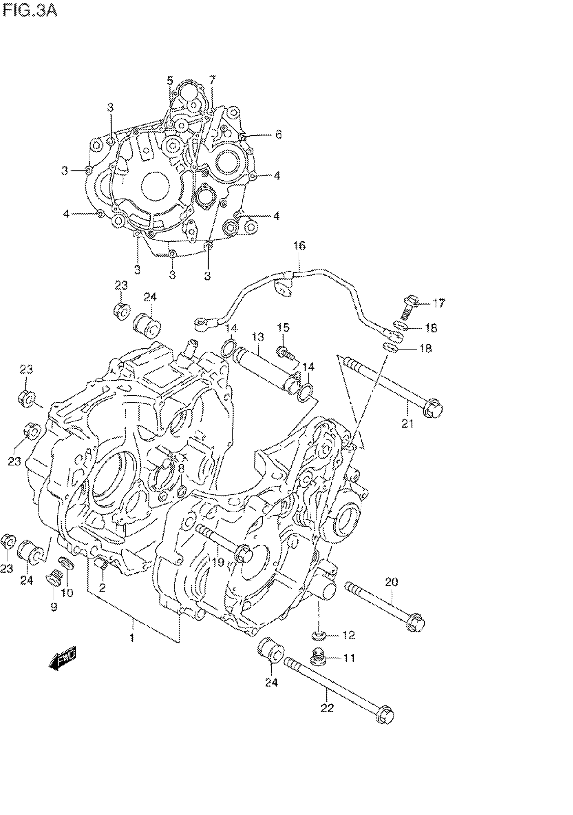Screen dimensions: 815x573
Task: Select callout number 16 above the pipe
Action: pyautogui.click(x=299, y=246)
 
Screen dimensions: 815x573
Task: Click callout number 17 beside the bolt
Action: pyautogui.click(x=439, y=303)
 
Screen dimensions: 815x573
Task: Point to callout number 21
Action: pyautogui.click(x=408, y=424)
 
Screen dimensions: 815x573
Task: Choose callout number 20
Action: pyautogui.click(x=391, y=582)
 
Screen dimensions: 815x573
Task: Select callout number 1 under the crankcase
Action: pyautogui.click(x=132, y=638)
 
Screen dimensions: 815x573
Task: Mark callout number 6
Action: pyautogui.click(x=278, y=135)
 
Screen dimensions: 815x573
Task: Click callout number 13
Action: pyautogui.click(x=258, y=336)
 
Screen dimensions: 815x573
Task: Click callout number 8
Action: pyautogui.click(x=181, y=469)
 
